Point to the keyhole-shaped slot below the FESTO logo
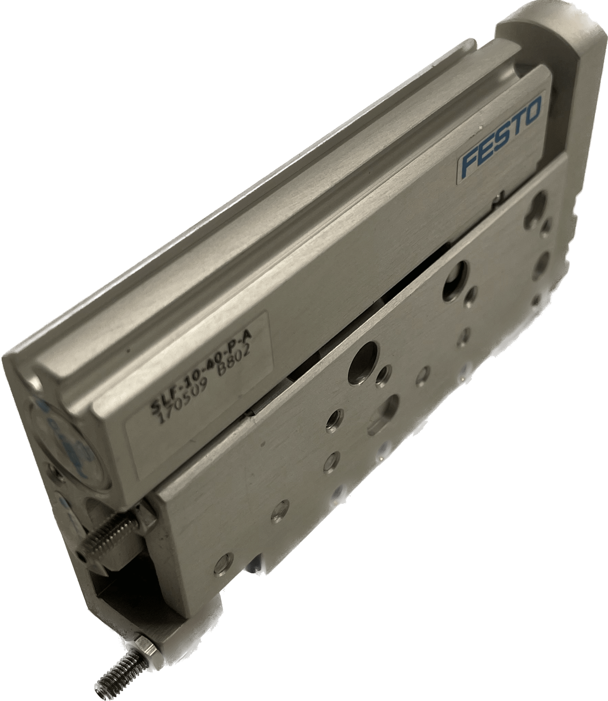point(538,205)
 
